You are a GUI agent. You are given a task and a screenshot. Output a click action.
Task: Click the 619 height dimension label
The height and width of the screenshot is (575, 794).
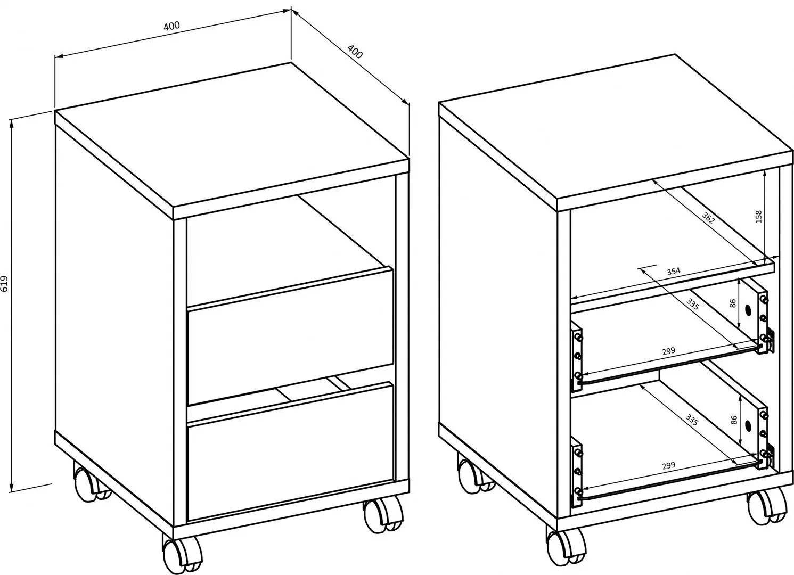[x=5, y=285]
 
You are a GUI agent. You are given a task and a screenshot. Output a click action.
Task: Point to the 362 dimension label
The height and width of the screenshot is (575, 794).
[x=708, y=219]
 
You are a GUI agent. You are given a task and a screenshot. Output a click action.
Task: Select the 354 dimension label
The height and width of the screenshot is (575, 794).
[x=673, y=271]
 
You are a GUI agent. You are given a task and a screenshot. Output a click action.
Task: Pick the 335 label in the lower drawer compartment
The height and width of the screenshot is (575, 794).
[x=692, y=420]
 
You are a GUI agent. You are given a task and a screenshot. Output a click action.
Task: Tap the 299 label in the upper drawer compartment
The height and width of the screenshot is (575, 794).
[x=668, y=351]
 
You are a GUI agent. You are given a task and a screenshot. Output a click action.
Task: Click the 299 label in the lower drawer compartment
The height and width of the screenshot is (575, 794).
[x=668, y=465]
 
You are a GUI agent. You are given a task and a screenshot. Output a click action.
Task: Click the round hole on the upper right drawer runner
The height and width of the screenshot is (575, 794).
[x=748, y=309]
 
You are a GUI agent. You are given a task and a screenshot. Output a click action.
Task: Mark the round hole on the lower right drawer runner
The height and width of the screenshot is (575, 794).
[x=748, y=425]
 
